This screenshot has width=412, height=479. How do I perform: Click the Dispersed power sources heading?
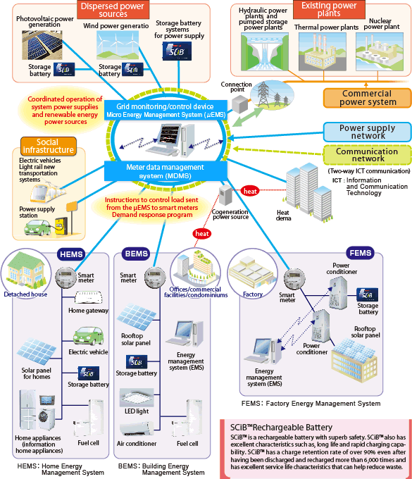(113, 10)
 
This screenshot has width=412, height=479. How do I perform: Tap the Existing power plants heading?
(329, 9)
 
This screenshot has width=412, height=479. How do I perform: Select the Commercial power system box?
(368, 98)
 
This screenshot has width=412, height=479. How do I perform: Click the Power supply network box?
(368, 132)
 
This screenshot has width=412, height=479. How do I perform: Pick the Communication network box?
(368, 155)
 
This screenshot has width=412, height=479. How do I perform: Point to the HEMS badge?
(71, 254)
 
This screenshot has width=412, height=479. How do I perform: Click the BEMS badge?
(136, 254)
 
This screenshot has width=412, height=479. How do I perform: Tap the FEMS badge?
(361, 254)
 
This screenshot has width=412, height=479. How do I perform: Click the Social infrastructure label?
(49, 146)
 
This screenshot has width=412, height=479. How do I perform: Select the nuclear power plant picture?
(380, 52)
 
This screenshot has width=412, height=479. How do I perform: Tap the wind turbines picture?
(118, 45)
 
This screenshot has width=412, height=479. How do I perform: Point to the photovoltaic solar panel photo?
(42, 45)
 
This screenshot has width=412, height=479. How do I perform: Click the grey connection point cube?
(240, 104)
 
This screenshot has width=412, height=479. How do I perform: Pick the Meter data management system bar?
(166, 171)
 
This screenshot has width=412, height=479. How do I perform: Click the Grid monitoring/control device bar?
(166, 111)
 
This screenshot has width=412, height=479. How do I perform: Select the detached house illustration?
(26, 270)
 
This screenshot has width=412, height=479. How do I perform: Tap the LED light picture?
(137, 398)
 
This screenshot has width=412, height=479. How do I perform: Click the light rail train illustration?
(47, 192)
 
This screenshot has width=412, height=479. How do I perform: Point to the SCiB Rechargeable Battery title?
(281, 428)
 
